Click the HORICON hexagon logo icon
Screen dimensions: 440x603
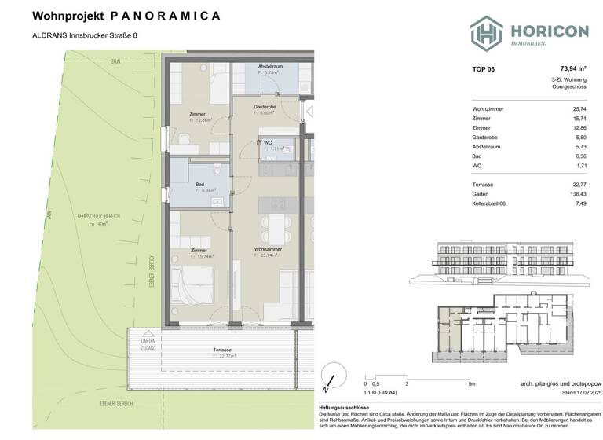[486, 32]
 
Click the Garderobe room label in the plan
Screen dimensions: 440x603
[264, 106]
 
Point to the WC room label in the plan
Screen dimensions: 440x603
[269, 142]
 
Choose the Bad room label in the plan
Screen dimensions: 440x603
[201, 185]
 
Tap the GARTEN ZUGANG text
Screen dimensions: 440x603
[148, 344]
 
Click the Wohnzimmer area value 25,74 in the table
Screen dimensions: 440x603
[579, 109]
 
